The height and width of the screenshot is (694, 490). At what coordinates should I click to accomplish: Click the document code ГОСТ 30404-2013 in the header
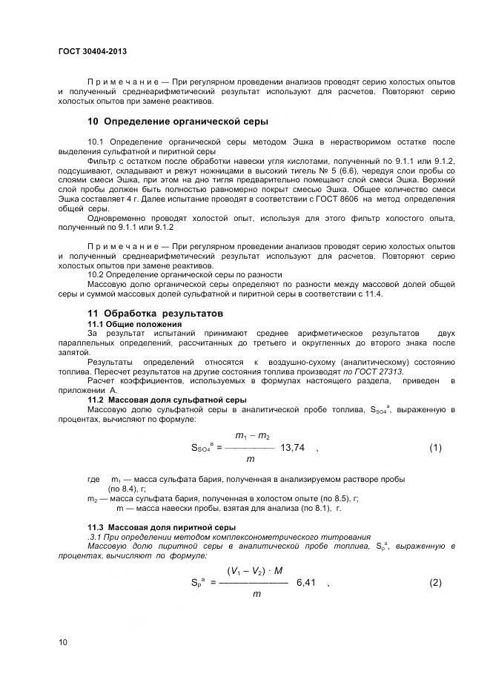click(92, 51)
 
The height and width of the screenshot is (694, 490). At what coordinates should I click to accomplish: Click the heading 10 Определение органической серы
click(178, 121)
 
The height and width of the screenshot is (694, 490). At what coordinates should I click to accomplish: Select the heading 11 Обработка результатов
click(156, 314)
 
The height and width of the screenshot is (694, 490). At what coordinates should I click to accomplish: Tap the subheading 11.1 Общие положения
click(134, 325)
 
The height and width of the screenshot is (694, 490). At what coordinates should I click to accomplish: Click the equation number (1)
click(435, 448)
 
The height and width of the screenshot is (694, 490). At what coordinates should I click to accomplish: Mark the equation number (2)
click(435, 582)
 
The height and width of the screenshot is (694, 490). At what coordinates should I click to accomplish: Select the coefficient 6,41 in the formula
click(306, 582)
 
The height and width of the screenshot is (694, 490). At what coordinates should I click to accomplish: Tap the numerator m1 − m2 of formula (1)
click(252, 435)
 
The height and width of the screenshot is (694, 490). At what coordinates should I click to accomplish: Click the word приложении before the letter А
click(110, 389)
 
